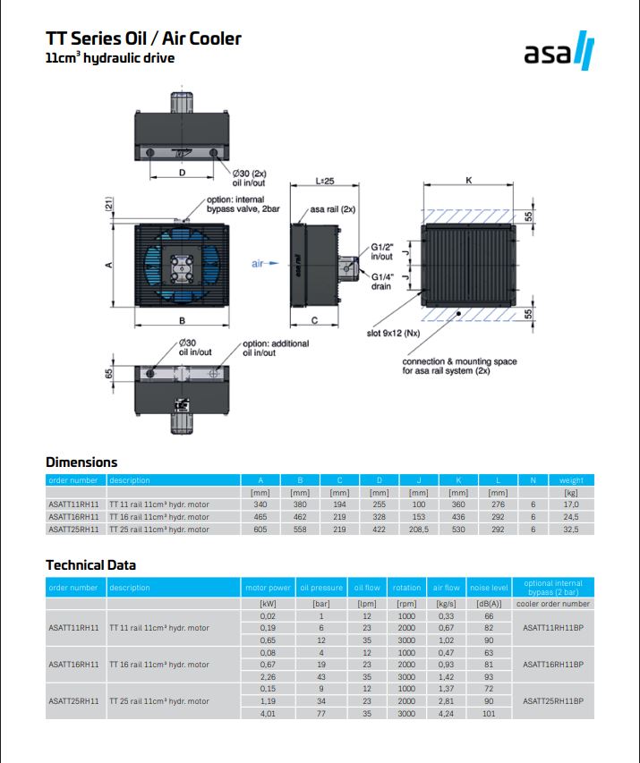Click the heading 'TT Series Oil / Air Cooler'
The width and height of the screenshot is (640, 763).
(143, 38)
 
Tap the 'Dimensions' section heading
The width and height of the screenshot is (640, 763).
(81, 462)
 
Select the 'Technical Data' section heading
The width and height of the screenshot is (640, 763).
(91, 565)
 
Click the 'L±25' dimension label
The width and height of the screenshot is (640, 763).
(325, 181)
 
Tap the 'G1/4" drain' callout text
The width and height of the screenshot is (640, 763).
(382, 282)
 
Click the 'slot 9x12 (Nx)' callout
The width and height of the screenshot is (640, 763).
(394, 333)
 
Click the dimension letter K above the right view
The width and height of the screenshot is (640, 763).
(469, 181)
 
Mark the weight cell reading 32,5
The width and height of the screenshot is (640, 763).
(570, 530)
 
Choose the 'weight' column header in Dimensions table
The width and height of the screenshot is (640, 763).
(571, 480)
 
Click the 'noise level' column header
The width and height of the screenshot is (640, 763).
(489, 588)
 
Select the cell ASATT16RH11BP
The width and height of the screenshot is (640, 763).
(553, 665)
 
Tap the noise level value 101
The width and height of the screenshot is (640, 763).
(489, 714)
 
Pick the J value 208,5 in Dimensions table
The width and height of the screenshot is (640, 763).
(418, 530)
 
